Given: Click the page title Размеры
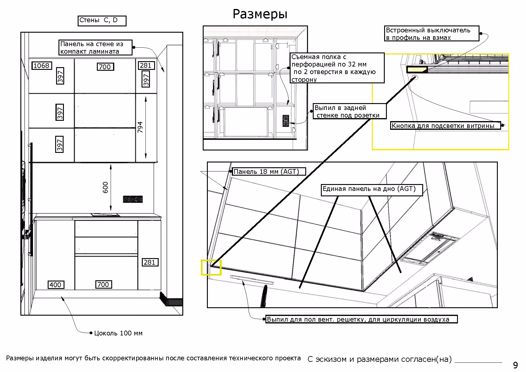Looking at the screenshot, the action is pyautogui.click(x=260, y=14).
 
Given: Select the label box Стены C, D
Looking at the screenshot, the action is pyautogui.click(x=102, y=21).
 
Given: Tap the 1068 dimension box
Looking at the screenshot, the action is pyautogui.click(x=42, y=66).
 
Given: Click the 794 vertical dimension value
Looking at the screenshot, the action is pyautogui.click(x=140, y=127).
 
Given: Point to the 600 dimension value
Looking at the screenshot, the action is pyautogui.click(x=105, y=187).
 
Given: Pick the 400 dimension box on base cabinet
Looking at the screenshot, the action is pyautogui.click(x=55, y=285).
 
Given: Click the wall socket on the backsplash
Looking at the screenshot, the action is pyautogui.click(x=133, y=199).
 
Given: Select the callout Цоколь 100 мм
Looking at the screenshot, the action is pyautogui.click(x=118, y=333).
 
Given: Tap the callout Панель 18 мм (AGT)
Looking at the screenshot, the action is pyautogui.click(x=269, y=171).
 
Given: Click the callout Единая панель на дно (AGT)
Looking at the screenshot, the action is pyautogui.click(x=372, y=190).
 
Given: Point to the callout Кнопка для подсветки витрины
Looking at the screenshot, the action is pyautogui.click(x=445, y=126).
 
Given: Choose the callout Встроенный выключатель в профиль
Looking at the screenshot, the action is pyautogui.click(x=432, y=34).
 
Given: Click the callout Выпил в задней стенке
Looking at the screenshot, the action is pyautogui.click(x=349, y=111).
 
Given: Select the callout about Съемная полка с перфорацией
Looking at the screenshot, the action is pyautogui.click(x=337, y=68).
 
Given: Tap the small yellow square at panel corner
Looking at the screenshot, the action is pyautogui.click(x=211, y=267).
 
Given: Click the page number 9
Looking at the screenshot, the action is pyautogui.click(x=516, y=365).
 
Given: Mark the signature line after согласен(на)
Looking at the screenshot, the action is pyautogui.click(x=478, y=362).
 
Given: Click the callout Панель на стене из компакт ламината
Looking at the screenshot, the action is pyautogui.click(x=95, y=48).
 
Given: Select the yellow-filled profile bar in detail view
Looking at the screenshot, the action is pyautogui.click(x=417, y=70).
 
